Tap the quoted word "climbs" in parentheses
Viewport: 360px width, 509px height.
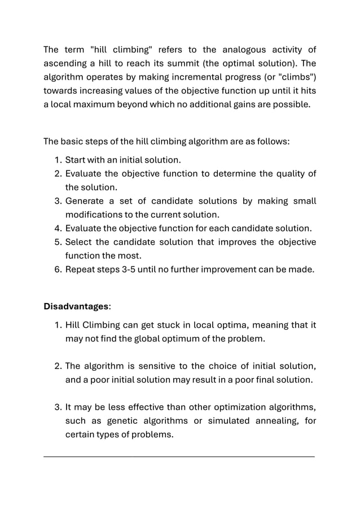coord(297,77)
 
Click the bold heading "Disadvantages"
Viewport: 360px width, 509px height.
coord(76,307)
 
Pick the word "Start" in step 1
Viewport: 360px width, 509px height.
coord(76,160)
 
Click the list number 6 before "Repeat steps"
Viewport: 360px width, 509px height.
coord(58,270)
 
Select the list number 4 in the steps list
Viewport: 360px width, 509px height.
coord(58,229)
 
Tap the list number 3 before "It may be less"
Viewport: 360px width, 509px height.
coord(58,407)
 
